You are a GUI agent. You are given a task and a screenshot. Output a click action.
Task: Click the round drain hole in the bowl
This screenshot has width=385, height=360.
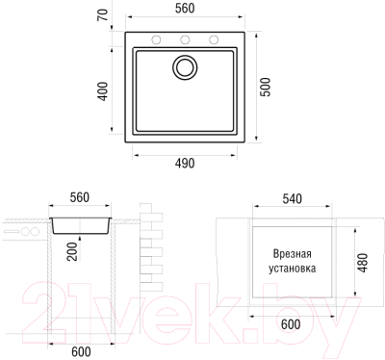[185, 68]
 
